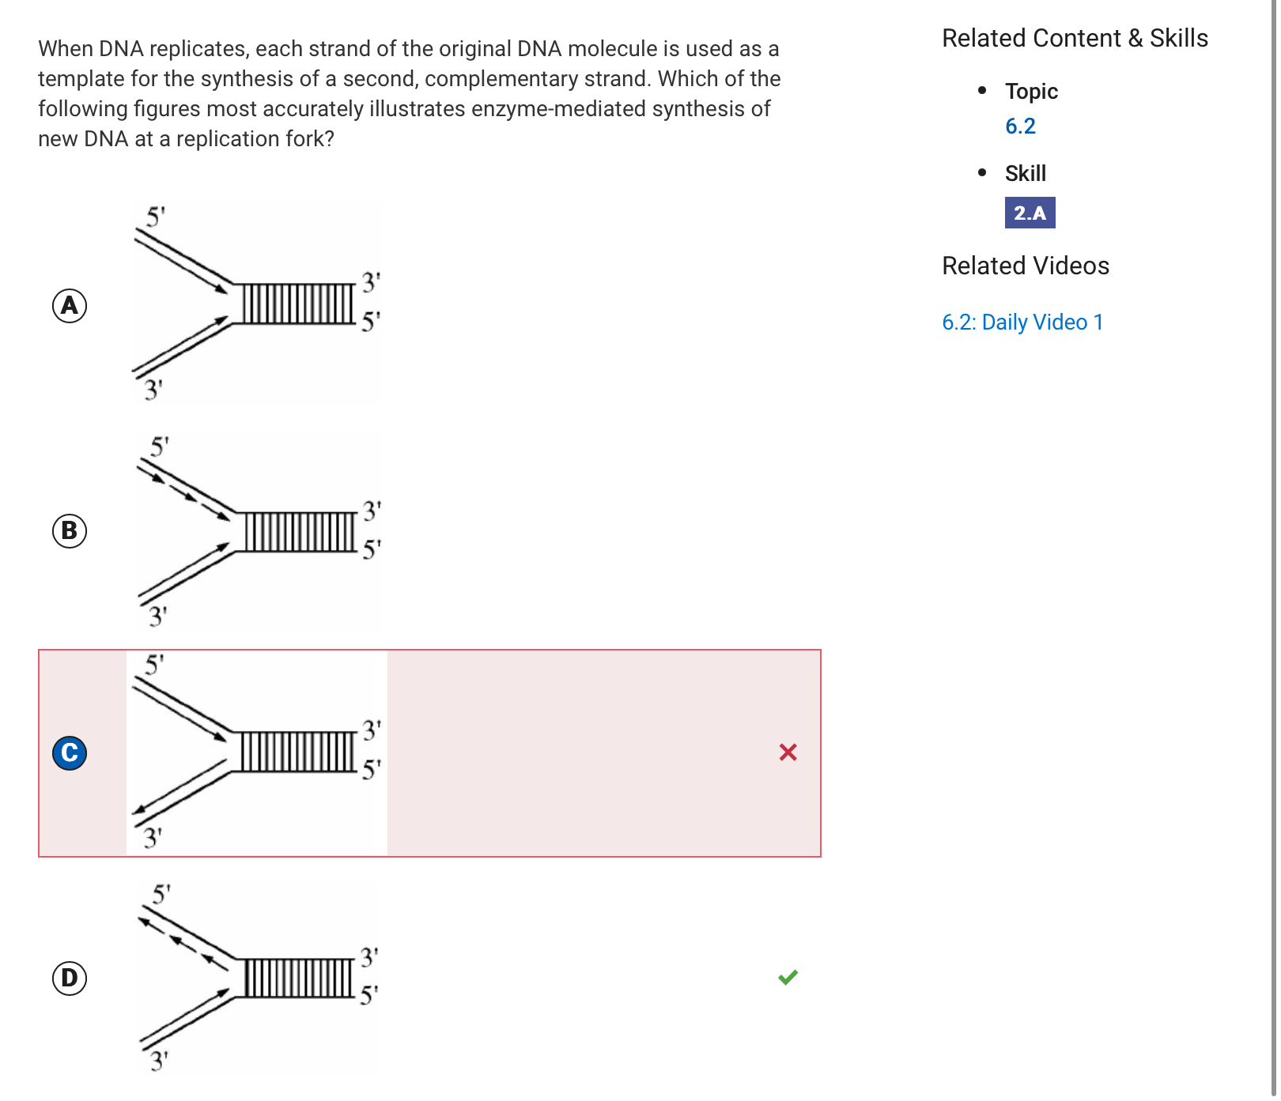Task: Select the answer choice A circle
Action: point(70,306)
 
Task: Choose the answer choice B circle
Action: point(70,531)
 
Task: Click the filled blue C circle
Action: point(70,752)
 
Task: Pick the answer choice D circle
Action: point(70,978)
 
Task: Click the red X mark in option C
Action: point(788,752)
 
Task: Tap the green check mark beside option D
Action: point(788,978)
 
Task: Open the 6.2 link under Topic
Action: point(1020,126)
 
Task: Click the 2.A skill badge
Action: point(1030,213)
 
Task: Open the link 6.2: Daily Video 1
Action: point(1022,322)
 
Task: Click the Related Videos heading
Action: point(1026,266)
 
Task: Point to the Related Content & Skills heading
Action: point(1075,39)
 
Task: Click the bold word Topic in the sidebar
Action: point(1031,92)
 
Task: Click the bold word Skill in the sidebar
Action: point(1026,174)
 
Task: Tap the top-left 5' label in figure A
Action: point(156,217)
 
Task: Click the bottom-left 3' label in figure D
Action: point(159,1060)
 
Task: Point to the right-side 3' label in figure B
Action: point(372,511)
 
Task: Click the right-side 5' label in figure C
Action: point(371,768)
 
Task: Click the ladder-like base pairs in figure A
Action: point(297,304)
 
